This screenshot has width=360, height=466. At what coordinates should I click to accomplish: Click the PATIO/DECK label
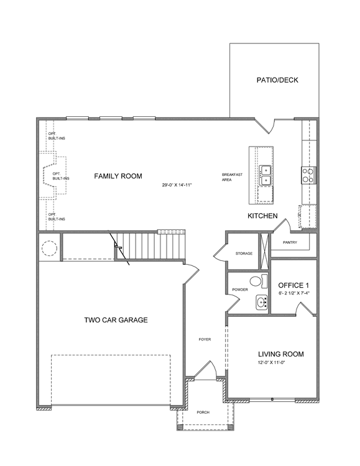click(277, 80)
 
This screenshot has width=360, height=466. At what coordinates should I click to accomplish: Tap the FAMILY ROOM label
click(118, 176)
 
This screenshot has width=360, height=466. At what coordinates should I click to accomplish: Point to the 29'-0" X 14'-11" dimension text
click(177, 185)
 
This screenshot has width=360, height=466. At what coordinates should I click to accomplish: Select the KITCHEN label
click(262, 216)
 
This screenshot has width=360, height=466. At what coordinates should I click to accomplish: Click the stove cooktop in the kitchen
click(309, 175)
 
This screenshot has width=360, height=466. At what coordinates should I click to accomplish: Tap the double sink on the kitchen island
click(265, 175)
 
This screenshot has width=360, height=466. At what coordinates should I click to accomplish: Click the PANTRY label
click(290, 242)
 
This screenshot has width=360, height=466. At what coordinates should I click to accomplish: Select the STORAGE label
click(244, 254)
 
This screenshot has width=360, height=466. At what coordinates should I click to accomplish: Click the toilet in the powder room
click(258, 281)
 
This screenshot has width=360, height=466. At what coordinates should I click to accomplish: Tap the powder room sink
click(262, 303)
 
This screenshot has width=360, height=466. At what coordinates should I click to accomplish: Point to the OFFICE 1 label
click(293, 285)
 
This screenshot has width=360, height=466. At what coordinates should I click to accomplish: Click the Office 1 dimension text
click(293, 293)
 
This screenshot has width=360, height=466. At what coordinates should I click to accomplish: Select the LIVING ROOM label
click(281, 354)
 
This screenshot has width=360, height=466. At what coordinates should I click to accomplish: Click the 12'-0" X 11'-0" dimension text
click(272, 363)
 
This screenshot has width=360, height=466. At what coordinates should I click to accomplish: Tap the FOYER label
click(205, 339)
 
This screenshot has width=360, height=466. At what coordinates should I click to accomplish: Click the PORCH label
click(203, 413)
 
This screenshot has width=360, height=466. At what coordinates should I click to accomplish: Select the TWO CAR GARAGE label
click(116, 320)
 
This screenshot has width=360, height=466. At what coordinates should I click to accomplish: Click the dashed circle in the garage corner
click(49, 247)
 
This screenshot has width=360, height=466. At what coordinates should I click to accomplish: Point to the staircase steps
click(150, 245)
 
